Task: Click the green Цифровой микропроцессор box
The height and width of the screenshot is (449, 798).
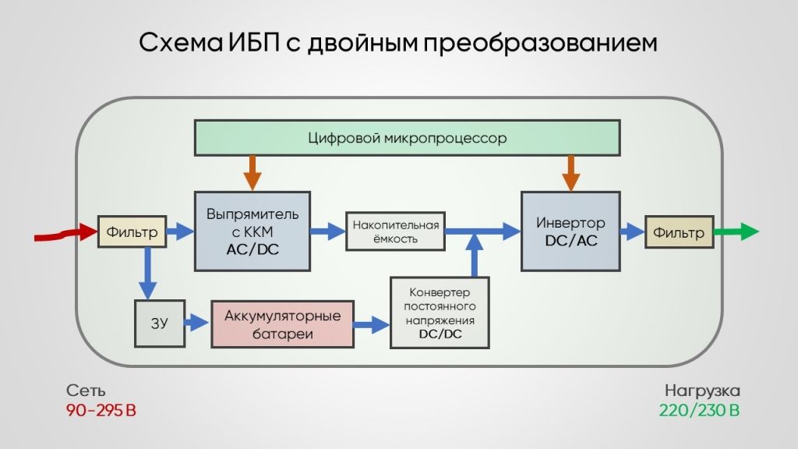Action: pos(407,137)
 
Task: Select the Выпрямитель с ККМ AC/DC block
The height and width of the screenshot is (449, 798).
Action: pos(252,231)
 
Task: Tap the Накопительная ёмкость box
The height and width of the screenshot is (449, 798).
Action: pos(395,232)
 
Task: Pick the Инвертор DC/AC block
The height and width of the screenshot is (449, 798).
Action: pos(570,231)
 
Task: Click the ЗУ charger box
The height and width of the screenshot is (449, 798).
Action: pos(159,323)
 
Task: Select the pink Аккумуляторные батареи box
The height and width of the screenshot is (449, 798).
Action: pos(282,324)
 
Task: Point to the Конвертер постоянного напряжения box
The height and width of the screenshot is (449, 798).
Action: pos(440,313)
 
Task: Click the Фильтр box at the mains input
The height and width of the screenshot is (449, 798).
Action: pos(132,232)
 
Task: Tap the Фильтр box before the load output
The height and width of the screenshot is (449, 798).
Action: pos(679,232)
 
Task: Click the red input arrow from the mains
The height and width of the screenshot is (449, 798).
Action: pos(65,233)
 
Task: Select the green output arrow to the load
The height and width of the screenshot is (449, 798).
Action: pos(736,232)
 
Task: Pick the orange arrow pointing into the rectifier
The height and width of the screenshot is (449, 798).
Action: pos(252,173)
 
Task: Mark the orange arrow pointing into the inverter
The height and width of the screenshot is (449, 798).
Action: pos(570,173)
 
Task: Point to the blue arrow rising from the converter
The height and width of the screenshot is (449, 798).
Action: pos(475,255)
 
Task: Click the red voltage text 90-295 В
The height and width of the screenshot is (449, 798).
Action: pos(101,410)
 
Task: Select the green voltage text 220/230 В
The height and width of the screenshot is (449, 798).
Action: pos(699,410)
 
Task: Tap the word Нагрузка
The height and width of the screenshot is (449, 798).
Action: pos(702,391)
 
